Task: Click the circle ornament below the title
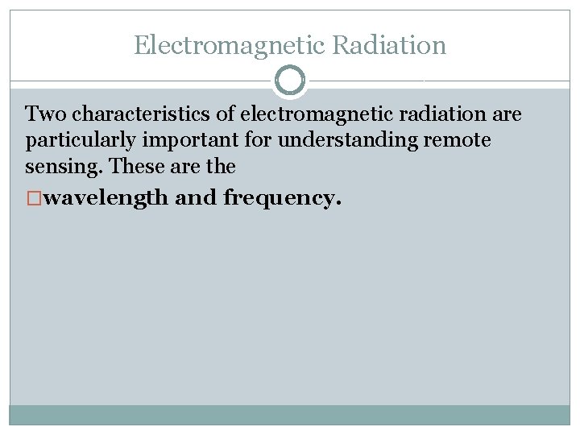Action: click(x=290, y=81)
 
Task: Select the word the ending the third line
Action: click(x=220, y=167)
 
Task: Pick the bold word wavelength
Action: click(x=106, y=198)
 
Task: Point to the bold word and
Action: click(x=196, y=197)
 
